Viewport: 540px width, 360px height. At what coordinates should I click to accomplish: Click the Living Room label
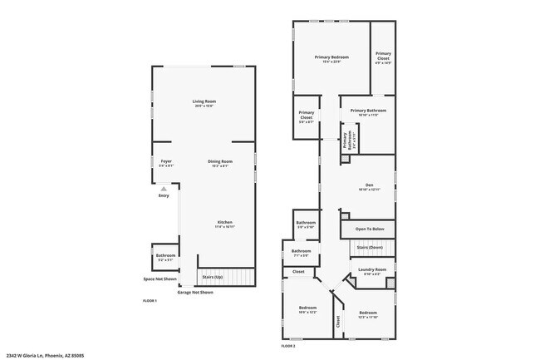204,101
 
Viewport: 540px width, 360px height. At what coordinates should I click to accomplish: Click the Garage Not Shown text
195,293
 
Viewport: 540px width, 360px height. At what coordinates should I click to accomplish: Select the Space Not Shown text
160,279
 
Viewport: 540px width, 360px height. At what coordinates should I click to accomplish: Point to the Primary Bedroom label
331,57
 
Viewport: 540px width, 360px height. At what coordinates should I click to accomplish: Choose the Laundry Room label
371,269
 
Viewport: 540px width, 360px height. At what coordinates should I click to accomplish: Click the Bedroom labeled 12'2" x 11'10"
367,313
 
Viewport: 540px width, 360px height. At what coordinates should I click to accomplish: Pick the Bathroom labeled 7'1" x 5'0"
301,251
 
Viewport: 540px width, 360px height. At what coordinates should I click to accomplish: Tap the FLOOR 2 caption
288,345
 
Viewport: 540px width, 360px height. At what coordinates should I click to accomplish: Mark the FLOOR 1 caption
150,299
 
